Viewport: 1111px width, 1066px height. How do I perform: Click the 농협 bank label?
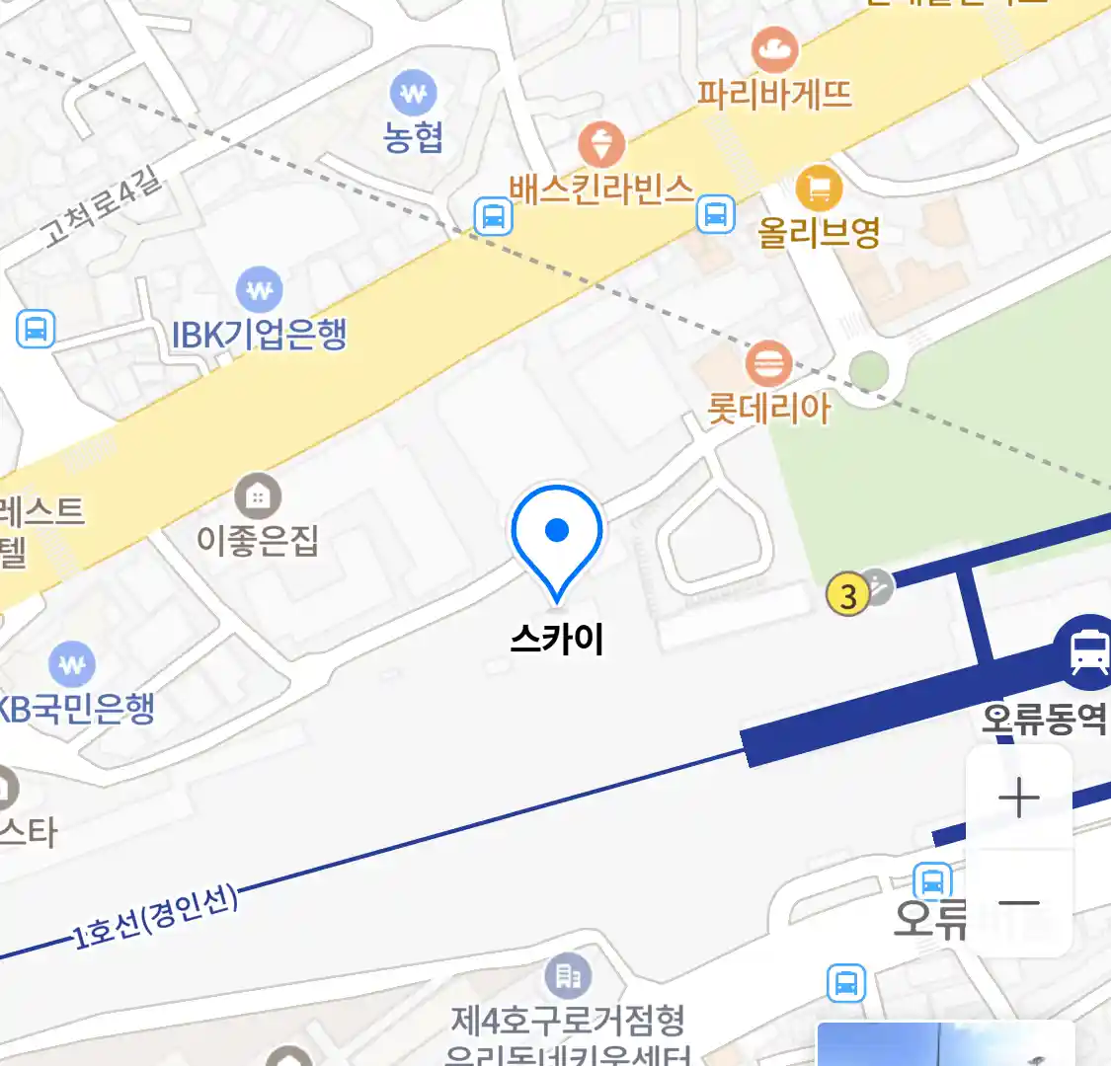(x=413, y=136)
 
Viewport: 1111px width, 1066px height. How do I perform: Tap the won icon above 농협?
(x=413, y=94)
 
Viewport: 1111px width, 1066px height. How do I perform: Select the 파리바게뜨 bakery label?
(x=774, y=94)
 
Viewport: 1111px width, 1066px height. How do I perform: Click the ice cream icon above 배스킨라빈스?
(x=600, y=144)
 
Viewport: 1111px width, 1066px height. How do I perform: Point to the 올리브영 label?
(x=818, y=232)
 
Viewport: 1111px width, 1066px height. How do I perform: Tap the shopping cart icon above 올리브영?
(x=818, y=188)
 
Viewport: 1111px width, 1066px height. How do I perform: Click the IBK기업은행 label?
(x=260, y=335)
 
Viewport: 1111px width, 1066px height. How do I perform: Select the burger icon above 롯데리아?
(x=767, y=363)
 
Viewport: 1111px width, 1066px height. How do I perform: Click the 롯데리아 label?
(x=768, y=408)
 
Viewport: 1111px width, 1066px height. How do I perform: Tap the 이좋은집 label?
(x=258, y=540)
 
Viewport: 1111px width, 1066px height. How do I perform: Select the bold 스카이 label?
(x=557, y=639)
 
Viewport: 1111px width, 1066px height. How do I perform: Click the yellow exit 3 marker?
(x=847, y=595)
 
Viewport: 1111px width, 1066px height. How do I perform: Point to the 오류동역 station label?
(x=1043, y=718)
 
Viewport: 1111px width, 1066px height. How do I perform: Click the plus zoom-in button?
(x=1019, y=799)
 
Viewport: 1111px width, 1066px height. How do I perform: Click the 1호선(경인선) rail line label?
(x=156, y=917)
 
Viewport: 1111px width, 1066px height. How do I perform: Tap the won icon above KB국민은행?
(x=71, y=664)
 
